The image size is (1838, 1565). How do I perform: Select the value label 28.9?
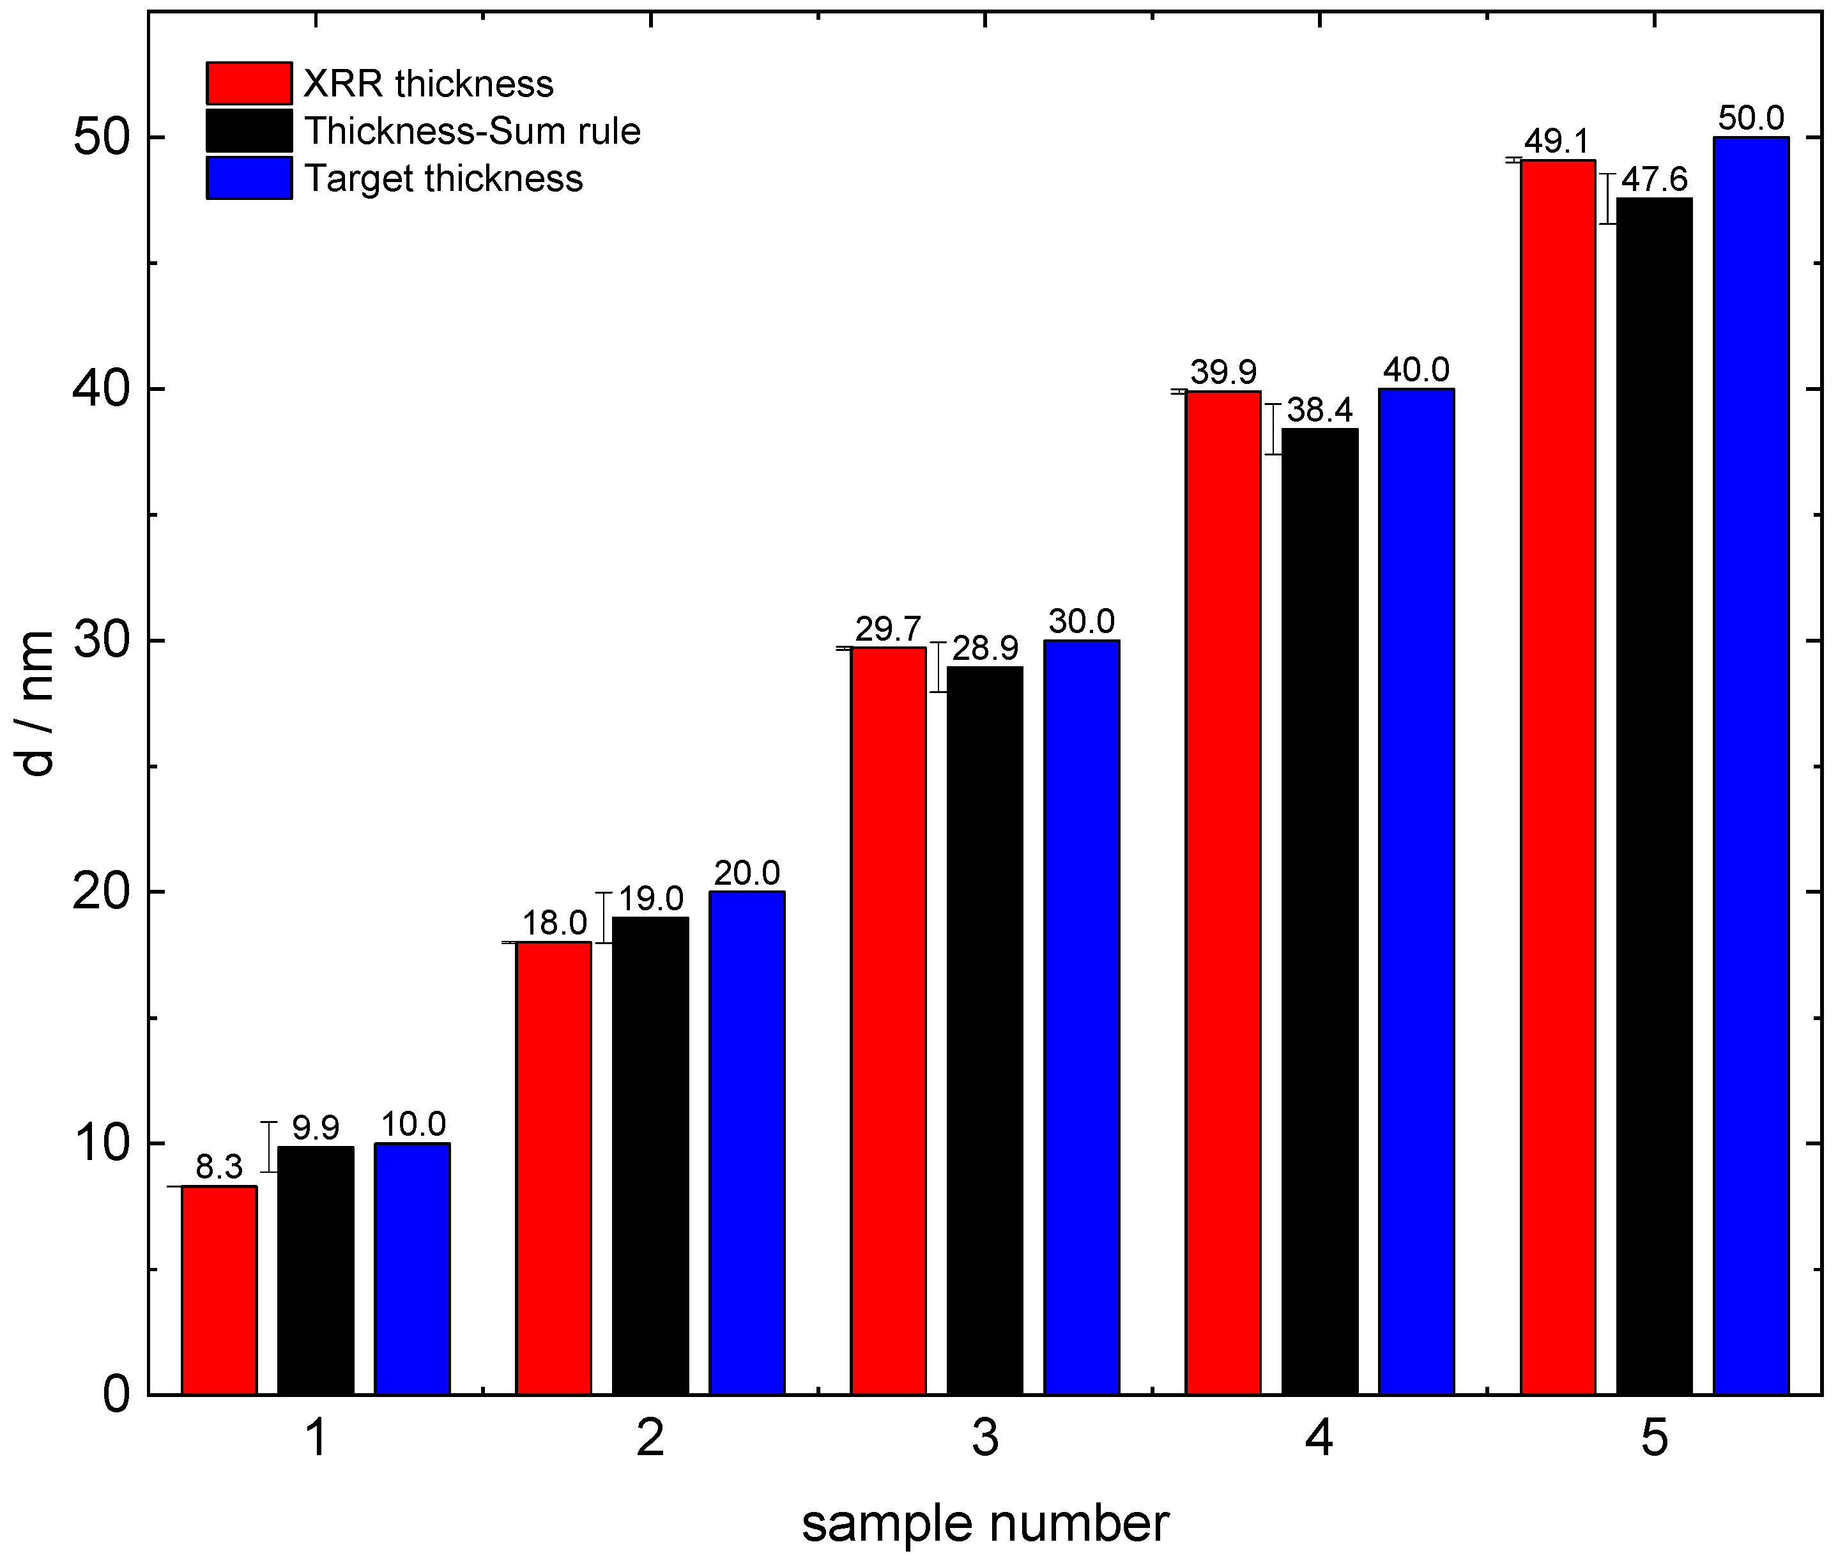984,648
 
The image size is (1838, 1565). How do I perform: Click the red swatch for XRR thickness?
249,84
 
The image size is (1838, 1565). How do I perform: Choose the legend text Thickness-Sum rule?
472,132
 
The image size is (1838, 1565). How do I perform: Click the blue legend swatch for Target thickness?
249,178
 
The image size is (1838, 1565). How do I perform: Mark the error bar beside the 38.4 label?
1274,429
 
